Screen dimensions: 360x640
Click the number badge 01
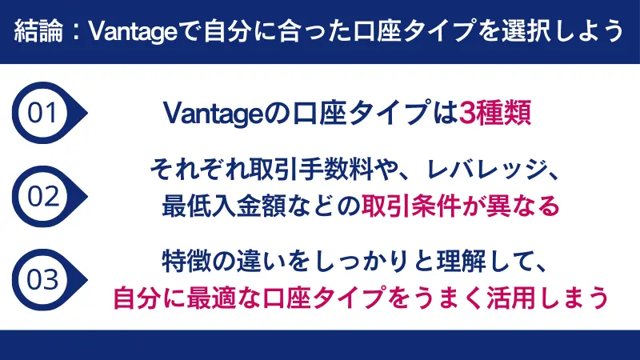42,112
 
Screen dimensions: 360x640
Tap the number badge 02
42,196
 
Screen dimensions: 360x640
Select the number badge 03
42,279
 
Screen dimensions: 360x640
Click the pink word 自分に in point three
145,297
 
